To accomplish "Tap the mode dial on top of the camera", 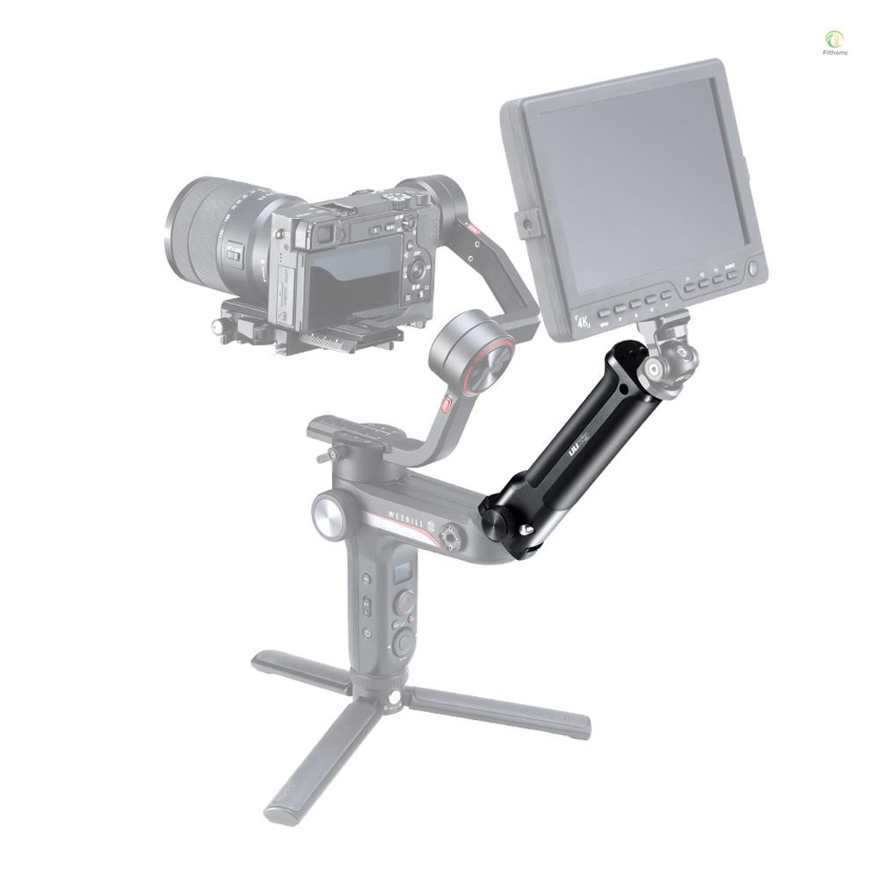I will [x=402, y=197].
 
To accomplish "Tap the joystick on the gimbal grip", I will [x=404, y=604].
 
